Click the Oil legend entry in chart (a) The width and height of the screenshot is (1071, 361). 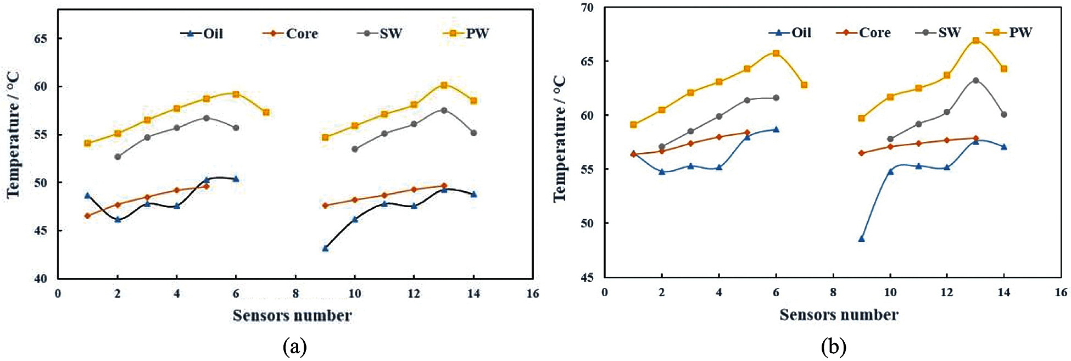coord(203,34)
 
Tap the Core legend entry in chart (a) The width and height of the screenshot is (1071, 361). coord(291,34)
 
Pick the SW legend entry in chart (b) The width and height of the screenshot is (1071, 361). coord(939,32)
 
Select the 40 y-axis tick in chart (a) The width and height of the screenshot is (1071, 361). coord(41,279)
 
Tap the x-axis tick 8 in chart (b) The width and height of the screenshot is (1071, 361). coord(833,292)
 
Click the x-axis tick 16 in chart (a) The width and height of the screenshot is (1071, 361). coord(532,293)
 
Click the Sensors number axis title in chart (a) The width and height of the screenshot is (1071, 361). coord(292,315)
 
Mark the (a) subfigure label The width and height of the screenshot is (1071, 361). coord(294,347)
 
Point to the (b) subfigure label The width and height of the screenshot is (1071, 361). coord(833,347)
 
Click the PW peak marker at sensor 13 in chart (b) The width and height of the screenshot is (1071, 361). coord(975,41)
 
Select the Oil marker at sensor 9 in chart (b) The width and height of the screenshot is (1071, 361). coord(861,239)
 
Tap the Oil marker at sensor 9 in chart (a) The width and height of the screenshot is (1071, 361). coord(325,248)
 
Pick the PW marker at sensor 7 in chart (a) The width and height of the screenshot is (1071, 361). coord(266,112)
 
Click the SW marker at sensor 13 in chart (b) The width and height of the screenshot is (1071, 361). coord(975,80)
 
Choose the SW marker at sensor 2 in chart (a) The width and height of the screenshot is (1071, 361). coord(118,157)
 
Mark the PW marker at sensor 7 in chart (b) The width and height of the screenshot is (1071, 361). coord(804,85)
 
